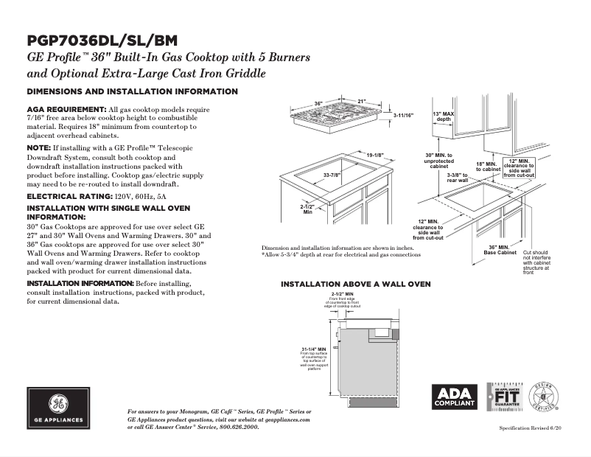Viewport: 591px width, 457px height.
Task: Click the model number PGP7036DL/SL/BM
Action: pyautogui.click(x=102, y=41)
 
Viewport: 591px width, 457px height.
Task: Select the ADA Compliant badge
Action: pyautogui.click(x=454, y=397)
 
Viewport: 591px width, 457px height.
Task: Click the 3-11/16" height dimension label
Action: pyautogui.click(x=403, y=115)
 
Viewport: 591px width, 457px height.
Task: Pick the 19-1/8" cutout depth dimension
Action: pyautogui.click(x=375, y=155)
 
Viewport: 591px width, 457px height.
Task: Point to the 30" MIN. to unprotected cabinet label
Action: pyautogui.click(x=439, y=161)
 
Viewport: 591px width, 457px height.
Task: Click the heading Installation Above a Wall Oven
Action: pyautogui.click(x=356, y=284)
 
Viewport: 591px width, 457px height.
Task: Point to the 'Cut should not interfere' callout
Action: pyautogui.click(x=536, y=262)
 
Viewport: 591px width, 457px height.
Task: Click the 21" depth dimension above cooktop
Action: pyautogui.click(x=361, y=101)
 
